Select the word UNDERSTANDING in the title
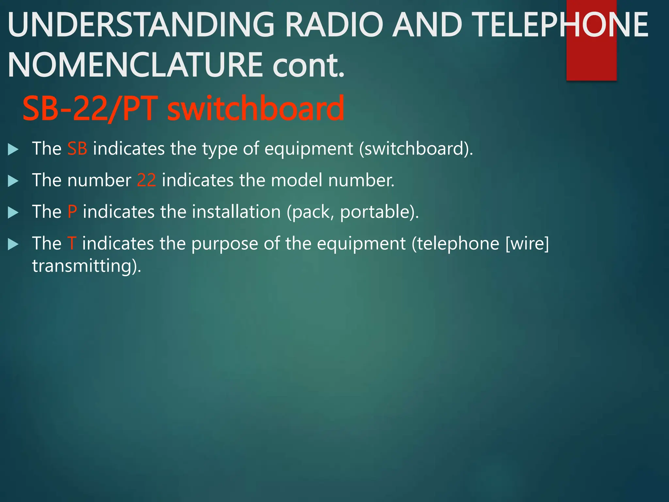pyautogui.click(x=141, y=25)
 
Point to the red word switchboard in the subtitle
pyautogui.click(x=255, y=109)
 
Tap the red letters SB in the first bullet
pyautogui.click(x=77, y=149)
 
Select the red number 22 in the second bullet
pyautogui.click(x=146, y=180)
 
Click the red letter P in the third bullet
pyautogui.click(x=72, y=212)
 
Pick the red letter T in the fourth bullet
pyautogui.click(x=72, y=243)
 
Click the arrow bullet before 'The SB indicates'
pyautogui.click(x=13, y=149)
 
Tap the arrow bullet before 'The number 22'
pyautogui.click(x=13, y=181)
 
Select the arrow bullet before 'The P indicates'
pyautogui.click(x=13, y=212)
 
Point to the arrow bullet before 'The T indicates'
pyautogui.click(x=13, y=244)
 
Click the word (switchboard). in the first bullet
pyautogui.click(x=416, y=149)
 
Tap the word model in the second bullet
pyautogui.click(x=297, y=180)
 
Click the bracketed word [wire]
pyautogui.click(x=527, y=243)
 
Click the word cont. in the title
pyautogui.click(x=308, y=65)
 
